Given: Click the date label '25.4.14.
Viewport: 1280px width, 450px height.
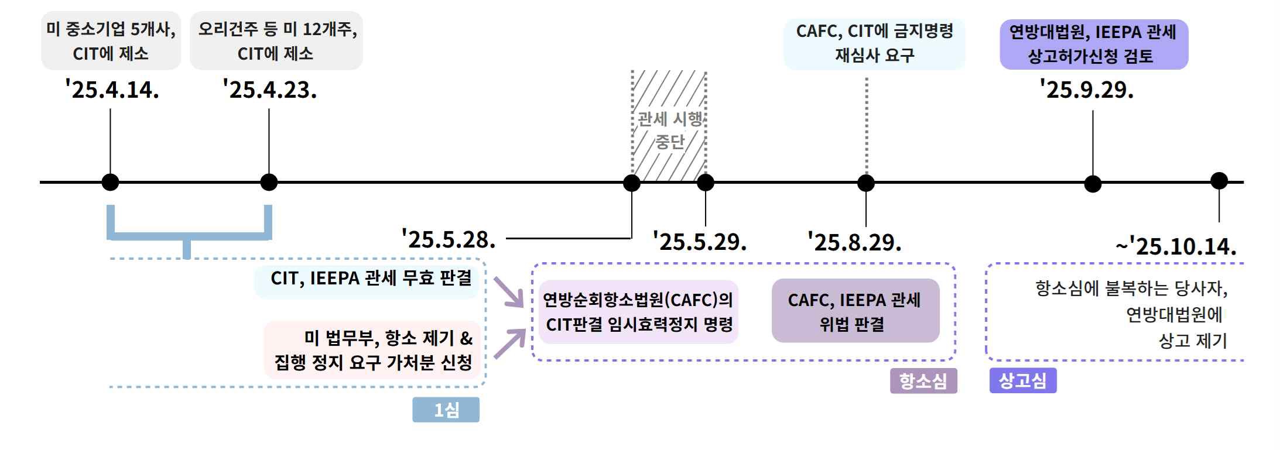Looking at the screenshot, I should [x=112, y=90].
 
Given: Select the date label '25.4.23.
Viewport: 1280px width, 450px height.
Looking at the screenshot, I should [x=269, y=90].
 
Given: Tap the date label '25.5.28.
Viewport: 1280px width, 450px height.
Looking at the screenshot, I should [x=449, y=239].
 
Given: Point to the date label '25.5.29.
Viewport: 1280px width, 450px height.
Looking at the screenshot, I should [x=700, y=242].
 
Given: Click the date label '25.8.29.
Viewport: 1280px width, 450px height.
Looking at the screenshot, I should [x=854, y=242].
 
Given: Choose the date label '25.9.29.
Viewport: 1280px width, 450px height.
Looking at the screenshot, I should [x=1087, y=90].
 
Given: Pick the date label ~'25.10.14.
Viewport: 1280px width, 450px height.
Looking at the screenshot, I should [x=1176, y=246].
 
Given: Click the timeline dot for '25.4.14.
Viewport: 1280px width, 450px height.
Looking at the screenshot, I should [x=110, y=182].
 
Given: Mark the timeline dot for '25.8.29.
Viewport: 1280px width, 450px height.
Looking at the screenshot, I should [x=865, y=183].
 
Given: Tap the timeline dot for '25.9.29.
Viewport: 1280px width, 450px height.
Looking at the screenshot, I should [x=1093, y=184].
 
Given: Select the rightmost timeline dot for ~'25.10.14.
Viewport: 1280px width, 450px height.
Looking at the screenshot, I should [x=1219, y=181].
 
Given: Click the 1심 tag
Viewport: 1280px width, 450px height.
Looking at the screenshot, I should [x=446, y=410].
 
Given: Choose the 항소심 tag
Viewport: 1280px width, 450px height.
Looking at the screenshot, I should [x=923, y=381].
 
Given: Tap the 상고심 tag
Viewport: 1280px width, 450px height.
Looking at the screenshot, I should [x=1022, y=380].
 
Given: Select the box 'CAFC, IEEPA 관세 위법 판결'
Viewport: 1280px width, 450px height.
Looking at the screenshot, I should [x=855, y=311].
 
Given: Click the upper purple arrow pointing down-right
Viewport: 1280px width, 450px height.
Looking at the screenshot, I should [x=508, y=292].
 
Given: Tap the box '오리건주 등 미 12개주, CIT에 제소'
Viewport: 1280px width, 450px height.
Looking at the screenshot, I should [x=276, y=41].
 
